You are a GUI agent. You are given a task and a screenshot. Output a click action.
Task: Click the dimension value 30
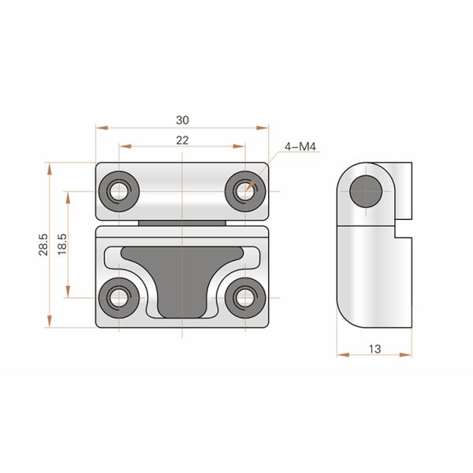pos(182,120)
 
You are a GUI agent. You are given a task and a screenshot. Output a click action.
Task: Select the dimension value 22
pos(182,140)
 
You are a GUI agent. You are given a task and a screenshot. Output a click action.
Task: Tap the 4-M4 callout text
pos(300,146)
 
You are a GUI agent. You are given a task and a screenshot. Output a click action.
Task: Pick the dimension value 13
pos(374,348)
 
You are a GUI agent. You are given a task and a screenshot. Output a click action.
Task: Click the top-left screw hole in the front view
pos(120,191)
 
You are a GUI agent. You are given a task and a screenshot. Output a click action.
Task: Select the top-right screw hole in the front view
pos(244,191)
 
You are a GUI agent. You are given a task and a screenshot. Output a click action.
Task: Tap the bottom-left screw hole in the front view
pos(120,297)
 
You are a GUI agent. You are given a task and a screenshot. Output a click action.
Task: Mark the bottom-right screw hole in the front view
pos(244,297)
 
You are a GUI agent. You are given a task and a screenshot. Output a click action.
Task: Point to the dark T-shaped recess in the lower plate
pos(182,276)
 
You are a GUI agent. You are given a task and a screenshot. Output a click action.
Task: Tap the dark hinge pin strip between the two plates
pos(183,223)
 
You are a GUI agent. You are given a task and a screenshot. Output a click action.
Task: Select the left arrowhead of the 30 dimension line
pos(99,127)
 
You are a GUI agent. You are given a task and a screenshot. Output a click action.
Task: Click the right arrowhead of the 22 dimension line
pos(240,147)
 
